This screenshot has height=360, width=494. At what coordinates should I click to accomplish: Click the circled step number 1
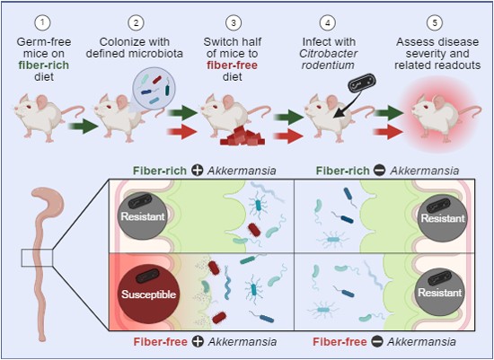(43, 22)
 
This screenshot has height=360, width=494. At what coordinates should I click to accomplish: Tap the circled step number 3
(233, 22)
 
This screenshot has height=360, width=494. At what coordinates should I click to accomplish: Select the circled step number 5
(435, 22)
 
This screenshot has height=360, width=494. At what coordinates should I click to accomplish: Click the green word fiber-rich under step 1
(43, 66)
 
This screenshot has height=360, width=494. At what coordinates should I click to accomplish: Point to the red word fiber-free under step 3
(233, 66)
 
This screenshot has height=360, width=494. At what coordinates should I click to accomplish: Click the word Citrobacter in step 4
(328, 54)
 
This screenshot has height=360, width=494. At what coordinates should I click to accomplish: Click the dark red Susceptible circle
(148, 294)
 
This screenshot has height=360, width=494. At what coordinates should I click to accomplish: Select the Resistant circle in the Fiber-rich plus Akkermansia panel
(143, 216)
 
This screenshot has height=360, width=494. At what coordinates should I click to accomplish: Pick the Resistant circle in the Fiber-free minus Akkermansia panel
(439, 293)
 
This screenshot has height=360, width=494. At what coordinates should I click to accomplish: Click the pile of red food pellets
(242, 136)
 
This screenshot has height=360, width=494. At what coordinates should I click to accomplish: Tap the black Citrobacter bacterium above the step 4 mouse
(362, 82)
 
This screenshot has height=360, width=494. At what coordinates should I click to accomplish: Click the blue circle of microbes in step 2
(154, 88)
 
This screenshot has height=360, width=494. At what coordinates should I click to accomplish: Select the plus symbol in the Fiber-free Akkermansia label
(198, 341)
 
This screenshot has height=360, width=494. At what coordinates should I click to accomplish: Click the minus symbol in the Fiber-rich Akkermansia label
(380, 171)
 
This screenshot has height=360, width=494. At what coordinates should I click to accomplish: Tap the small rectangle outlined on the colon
(37, 258)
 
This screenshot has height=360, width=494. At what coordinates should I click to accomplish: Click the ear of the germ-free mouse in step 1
(42, 102)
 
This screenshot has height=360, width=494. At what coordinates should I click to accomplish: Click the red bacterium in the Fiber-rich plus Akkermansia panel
(254, 230)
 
